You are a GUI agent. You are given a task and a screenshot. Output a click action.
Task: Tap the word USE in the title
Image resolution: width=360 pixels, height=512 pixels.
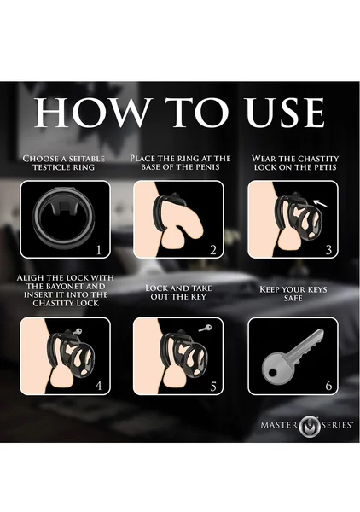[x=285, y=113]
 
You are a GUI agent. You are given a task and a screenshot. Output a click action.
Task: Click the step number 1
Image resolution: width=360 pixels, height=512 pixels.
[x=99, y=250]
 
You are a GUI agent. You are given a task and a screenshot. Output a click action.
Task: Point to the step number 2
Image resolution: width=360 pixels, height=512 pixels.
[x=213, y=250]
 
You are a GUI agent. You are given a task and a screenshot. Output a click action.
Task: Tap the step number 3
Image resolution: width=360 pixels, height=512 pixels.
[x=328, y=250]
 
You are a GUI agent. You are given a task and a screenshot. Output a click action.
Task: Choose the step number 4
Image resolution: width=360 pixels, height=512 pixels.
[x=99, y=386]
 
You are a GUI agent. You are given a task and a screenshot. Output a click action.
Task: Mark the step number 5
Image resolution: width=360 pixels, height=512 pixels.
[x=213, y=387]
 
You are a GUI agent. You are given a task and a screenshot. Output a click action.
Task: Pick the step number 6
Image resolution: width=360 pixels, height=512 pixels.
[x=328, y=386]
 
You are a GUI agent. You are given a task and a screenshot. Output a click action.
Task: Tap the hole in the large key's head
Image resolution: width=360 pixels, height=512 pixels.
[x=272, y=372]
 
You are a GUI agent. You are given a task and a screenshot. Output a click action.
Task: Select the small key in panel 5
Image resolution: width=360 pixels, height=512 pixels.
[x=205, y=329]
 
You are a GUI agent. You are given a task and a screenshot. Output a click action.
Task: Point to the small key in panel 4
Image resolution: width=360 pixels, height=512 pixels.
[x=77, y=331]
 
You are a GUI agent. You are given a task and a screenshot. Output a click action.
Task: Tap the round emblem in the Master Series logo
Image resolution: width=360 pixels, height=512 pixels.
[x=309, y=426]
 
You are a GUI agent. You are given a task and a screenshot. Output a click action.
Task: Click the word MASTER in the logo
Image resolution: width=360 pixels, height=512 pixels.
[x=279, y=425]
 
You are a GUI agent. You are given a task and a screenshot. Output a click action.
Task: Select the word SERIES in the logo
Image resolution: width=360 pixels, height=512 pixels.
[x=336, y=425]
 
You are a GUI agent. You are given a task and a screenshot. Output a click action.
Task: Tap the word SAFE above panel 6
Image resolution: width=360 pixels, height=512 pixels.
[x=293, y=298]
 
